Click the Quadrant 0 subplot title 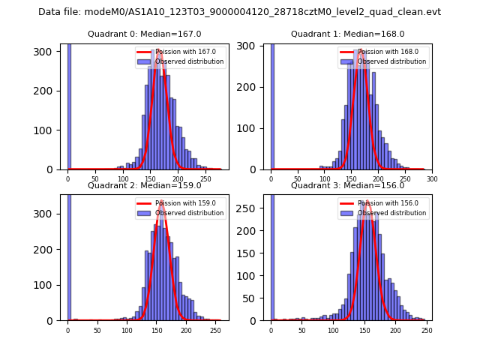(144, 34)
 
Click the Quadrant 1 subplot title (347, 34)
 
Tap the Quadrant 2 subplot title (144, 185)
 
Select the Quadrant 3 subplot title (347, 185)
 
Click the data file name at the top (239, 12)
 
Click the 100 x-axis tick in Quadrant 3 (332, 331)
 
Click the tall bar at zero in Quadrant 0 (69, 105)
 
